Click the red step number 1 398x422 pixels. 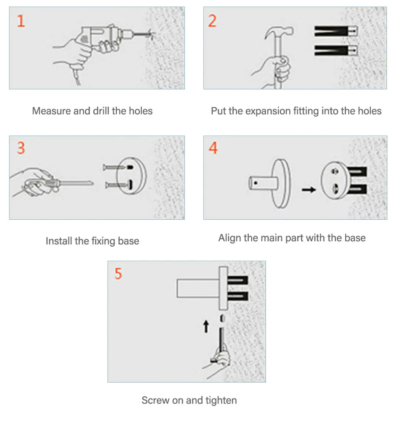21,21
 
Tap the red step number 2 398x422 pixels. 212,21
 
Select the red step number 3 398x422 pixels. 21,148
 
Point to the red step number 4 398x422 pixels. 213,148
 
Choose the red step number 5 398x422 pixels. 118,274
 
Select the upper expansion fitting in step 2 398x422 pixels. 336,31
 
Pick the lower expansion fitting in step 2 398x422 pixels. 336,50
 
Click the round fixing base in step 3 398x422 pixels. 132,176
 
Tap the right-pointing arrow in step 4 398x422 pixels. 309,190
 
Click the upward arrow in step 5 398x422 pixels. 206,326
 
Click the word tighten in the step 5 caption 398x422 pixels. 221,400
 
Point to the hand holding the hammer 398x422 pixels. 275,71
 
